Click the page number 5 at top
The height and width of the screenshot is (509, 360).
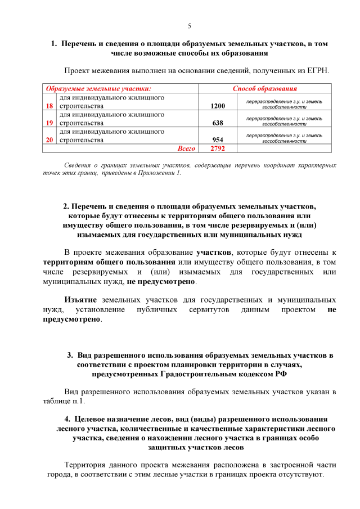(x=190, y=26)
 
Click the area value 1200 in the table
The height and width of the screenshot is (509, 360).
(x=217, y=106)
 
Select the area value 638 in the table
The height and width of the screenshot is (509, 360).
(x=217, y=123)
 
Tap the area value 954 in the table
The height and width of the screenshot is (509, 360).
(x=217, y=139)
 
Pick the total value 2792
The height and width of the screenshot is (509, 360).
(x=217, y=148)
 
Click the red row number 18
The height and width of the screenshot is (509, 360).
(x=49, y=106)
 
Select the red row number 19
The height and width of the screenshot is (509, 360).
(x=49, y=123)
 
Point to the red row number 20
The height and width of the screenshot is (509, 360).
(x=49, y=139)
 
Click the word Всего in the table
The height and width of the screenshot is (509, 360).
(x=186, y=148)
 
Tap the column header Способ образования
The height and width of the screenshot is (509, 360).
(x=264, y=88)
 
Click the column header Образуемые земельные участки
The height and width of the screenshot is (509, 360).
(x=98, y=88)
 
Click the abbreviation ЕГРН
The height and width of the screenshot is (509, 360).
(x=316, y=71)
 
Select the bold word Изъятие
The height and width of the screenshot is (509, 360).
(x=80, y=300)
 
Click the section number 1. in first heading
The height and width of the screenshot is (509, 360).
(x=55, y=43)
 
